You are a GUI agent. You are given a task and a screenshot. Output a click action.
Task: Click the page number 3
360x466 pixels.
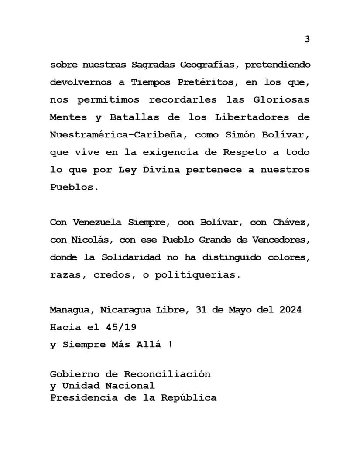coord(307,39)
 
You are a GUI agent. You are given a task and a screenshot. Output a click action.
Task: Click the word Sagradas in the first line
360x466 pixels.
coord(152,65)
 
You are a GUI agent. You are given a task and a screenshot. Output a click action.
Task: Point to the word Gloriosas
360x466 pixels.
coord(281,100)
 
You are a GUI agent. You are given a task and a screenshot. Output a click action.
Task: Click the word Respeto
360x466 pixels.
coord(245,152)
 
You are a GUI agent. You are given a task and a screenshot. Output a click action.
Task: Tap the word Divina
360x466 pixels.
coord(161,170)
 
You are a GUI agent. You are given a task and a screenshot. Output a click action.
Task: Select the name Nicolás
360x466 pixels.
coord(91,240)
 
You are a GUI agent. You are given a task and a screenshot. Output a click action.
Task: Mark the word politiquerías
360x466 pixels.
coord(197,275)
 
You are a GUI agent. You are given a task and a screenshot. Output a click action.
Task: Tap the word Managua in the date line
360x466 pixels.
coord(72,310)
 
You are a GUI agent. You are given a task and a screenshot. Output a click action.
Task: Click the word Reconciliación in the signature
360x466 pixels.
coord(167,374)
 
